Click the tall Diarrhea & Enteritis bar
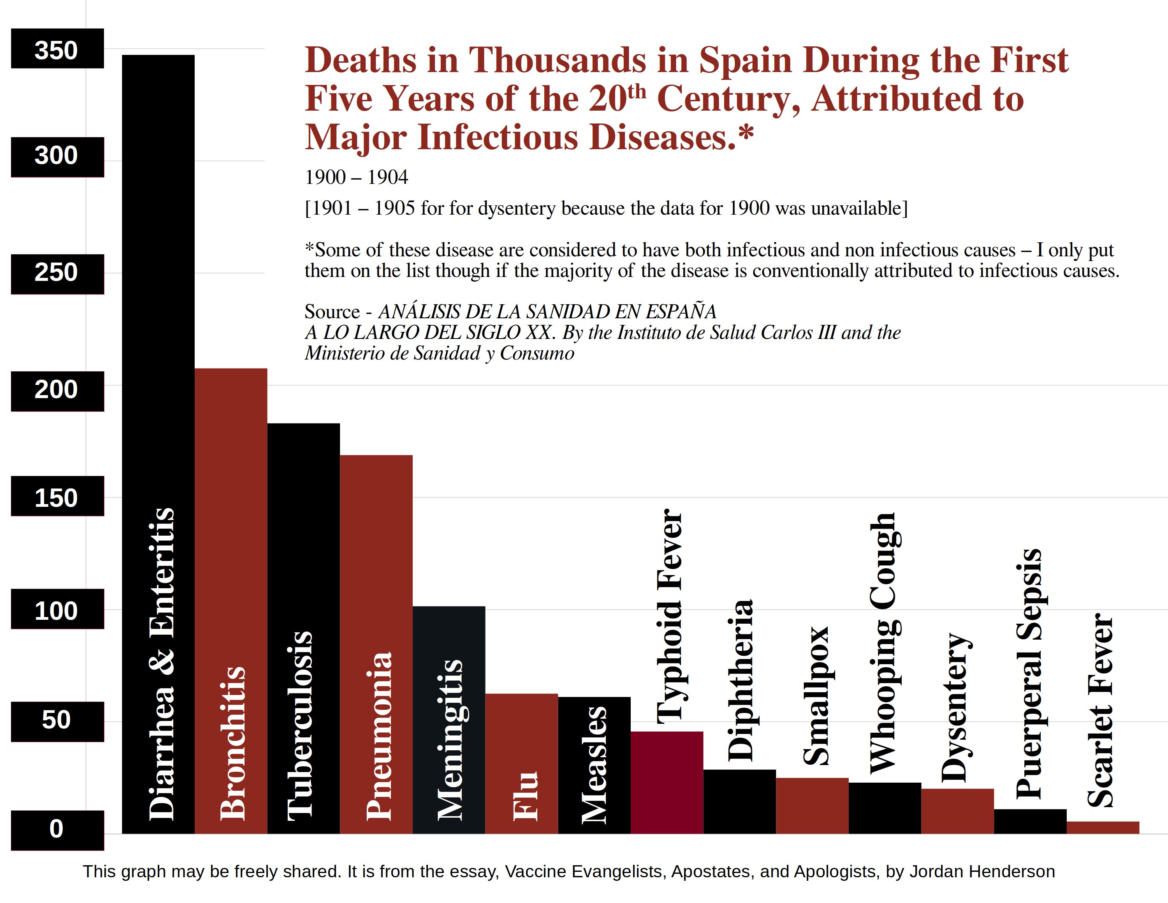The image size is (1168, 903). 158,321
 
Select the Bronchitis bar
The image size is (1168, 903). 230,535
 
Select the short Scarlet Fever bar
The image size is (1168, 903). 1103,827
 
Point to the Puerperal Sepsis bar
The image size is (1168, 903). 1030,821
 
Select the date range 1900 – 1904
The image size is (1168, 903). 356,177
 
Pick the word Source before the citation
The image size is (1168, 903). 332,311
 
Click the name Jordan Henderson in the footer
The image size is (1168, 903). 982,871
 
